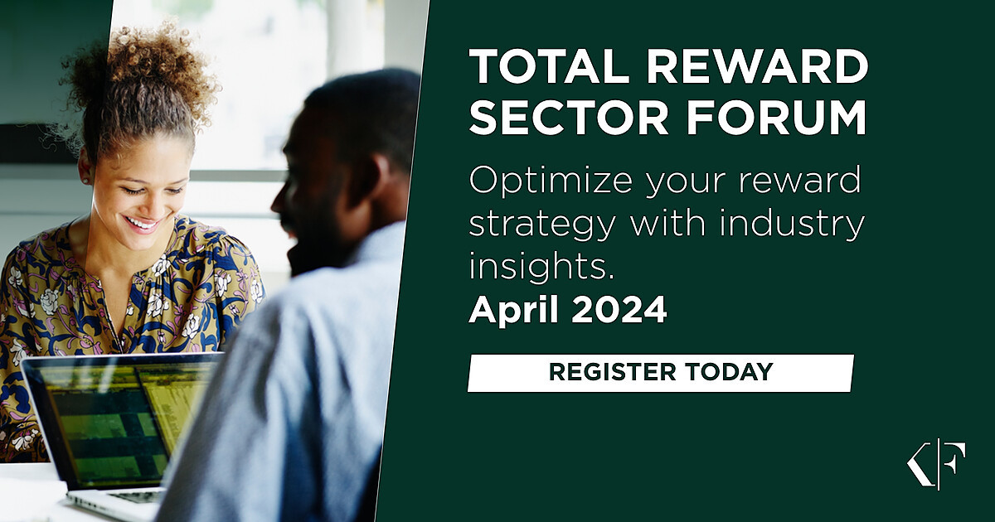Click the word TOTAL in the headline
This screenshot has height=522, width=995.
548,66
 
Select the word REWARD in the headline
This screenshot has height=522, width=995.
757,66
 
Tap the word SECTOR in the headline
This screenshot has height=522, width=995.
568,116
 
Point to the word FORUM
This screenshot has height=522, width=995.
776,116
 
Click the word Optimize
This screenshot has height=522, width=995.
551,181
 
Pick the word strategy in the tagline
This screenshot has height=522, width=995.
542,225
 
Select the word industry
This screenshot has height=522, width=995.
792,225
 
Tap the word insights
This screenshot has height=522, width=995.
541,265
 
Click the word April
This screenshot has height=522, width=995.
513,310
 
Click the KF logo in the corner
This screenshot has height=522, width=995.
936,464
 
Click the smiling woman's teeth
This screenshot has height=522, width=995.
140,223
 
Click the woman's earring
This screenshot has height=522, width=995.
84,181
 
